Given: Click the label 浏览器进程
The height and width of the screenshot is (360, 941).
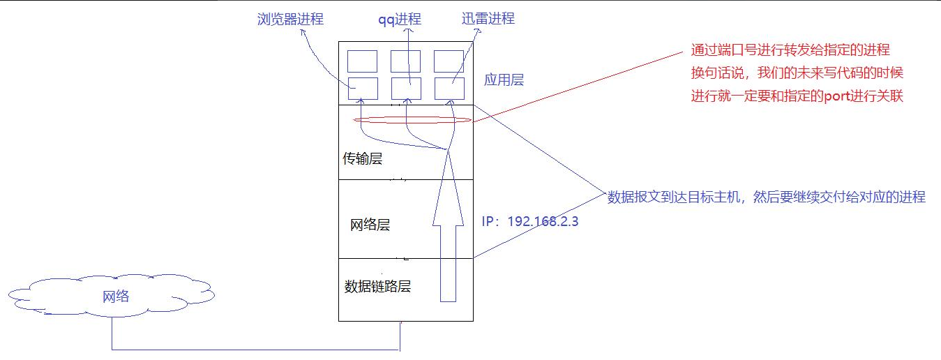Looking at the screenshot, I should (x=290, y=20).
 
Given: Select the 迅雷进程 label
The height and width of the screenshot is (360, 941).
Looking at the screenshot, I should (x=488, y=19).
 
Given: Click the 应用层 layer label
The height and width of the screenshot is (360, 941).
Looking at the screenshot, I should (x=504, y=80).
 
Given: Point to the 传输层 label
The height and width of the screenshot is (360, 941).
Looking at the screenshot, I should (x=363, y=159).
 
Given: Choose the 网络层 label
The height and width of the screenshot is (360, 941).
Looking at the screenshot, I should (x=370, y=225).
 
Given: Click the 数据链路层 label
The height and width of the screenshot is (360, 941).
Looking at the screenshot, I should (x=378, y=287).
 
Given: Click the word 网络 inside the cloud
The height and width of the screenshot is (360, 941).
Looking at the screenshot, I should (x=116, y=297).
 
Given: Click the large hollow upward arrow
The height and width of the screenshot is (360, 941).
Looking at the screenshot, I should (x=448, y=237).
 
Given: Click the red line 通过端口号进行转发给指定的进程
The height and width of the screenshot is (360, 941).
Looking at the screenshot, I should (x=790, y=50).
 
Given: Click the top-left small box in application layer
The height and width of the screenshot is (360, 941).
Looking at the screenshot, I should (x=363, y=61).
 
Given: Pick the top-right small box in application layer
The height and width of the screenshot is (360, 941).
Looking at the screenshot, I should (x=449, y=61).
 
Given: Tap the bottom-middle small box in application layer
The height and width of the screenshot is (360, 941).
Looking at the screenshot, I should (x=405, y=89).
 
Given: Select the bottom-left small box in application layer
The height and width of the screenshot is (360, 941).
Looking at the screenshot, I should (x=363, y=89).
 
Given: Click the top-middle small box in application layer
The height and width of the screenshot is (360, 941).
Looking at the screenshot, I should (x=405, y=61).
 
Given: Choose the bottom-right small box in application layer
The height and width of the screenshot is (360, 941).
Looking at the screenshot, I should (x=449, y=89).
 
